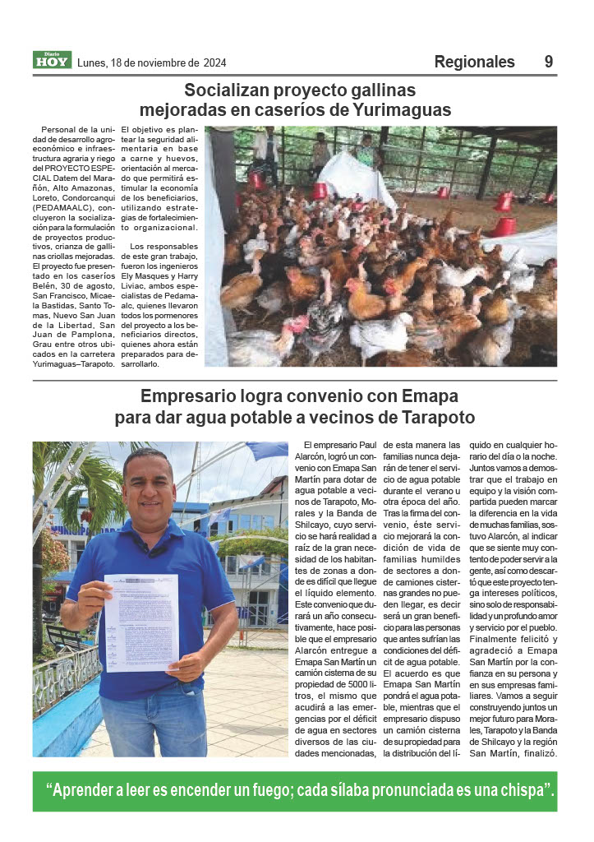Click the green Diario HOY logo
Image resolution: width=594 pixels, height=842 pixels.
(52, 59)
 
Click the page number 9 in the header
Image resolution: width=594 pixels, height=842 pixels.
(548, 62)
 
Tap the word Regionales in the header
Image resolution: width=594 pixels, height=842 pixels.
(474, 62)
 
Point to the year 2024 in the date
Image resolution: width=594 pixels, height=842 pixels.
(214, 62)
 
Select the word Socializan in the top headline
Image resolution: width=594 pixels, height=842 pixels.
(226, 90)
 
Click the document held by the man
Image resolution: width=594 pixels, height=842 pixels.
(140, 620)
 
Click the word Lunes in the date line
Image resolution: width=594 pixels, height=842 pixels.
(91, 62)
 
